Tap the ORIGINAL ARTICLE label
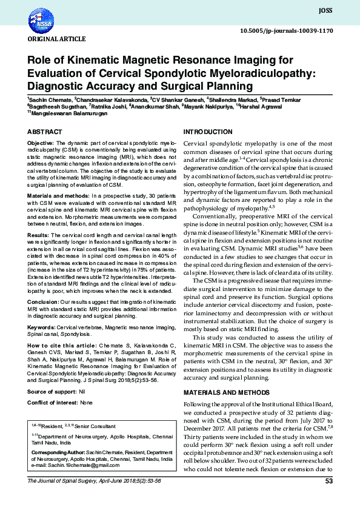pyautogui.click(x=47, y=39)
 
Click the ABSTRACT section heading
pyautogui.click(x=44, y=132)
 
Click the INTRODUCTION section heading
pyautogui.click(x=208, y=132)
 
